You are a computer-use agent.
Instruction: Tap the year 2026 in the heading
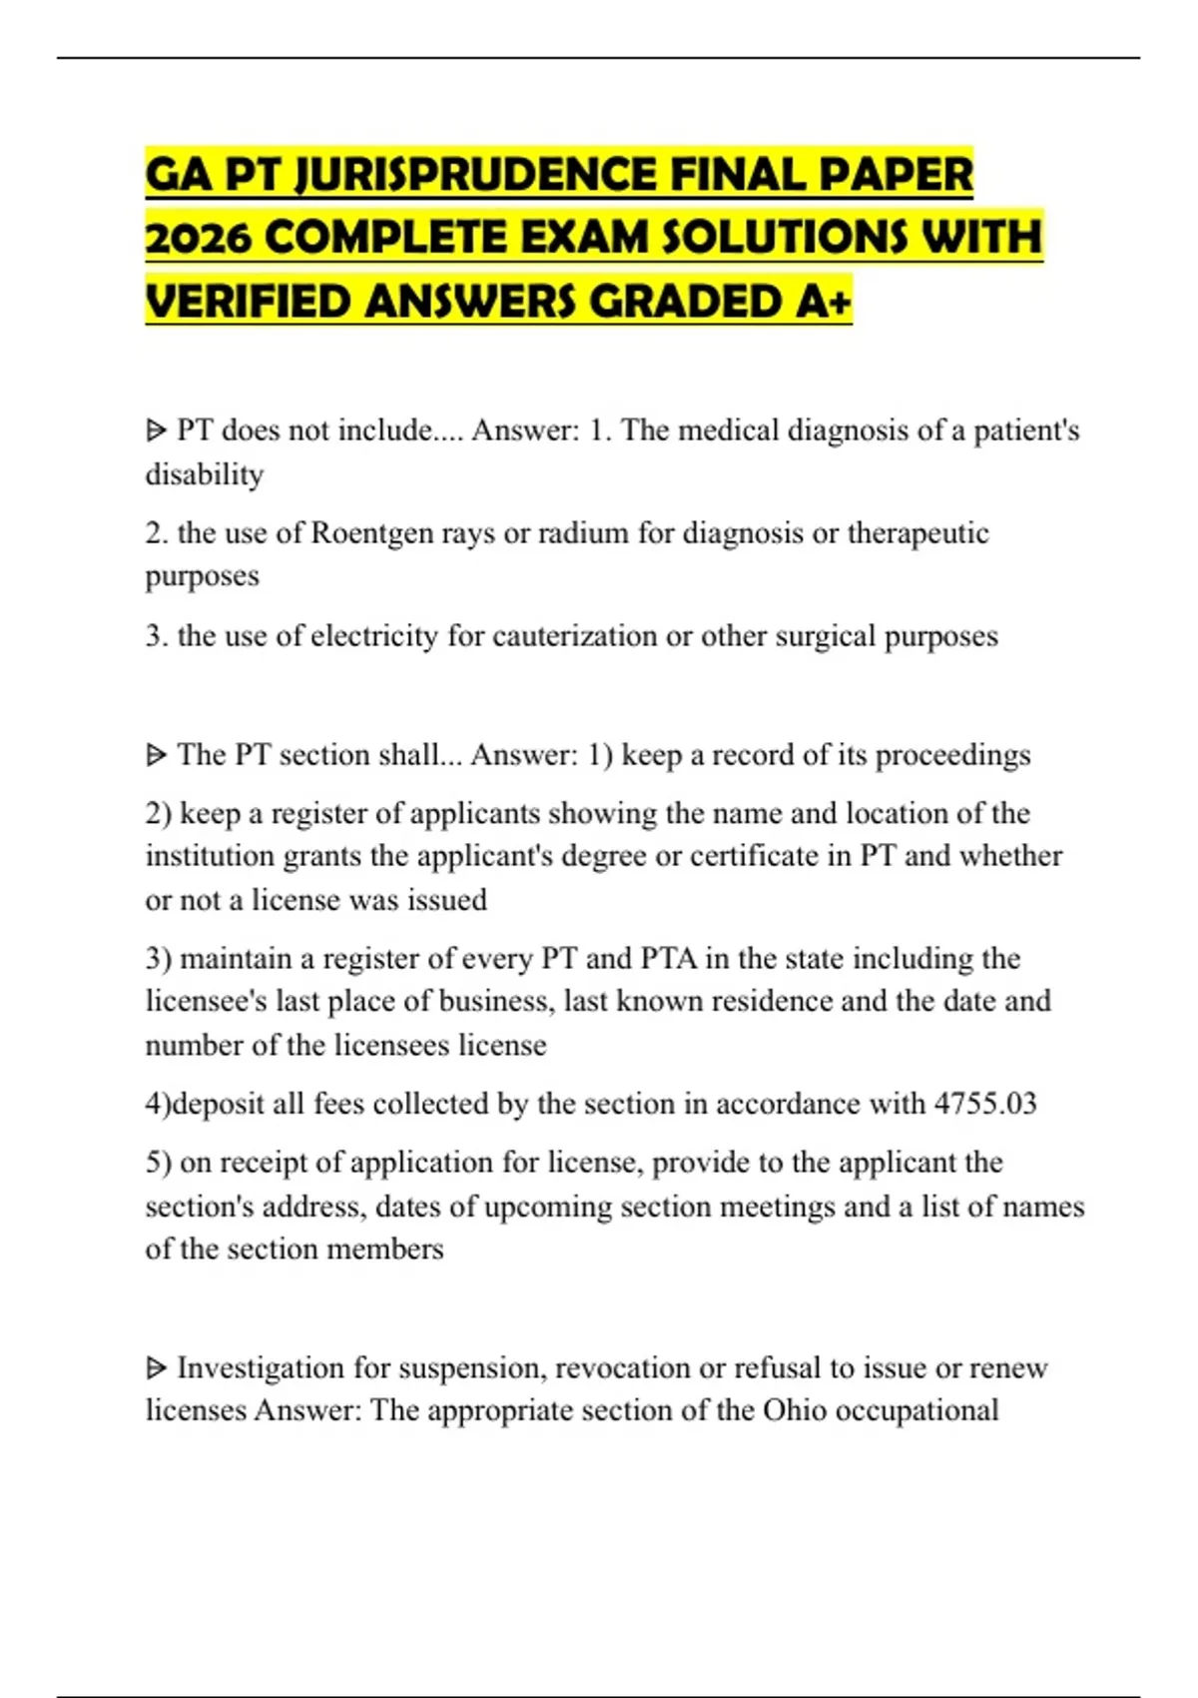[x=198, y=239]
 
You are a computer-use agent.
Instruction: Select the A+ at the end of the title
[x=824, y=302]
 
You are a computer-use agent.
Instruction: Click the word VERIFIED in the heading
[x=248, y=302]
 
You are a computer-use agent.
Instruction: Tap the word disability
[x=205, y=474]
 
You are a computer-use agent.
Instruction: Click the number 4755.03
[x=985, y=1104]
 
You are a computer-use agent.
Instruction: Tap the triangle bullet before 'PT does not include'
[x=156, y=431]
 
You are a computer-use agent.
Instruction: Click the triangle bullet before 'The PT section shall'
[x=156, y=755]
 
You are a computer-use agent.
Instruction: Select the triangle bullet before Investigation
[x=156, y=1367]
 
